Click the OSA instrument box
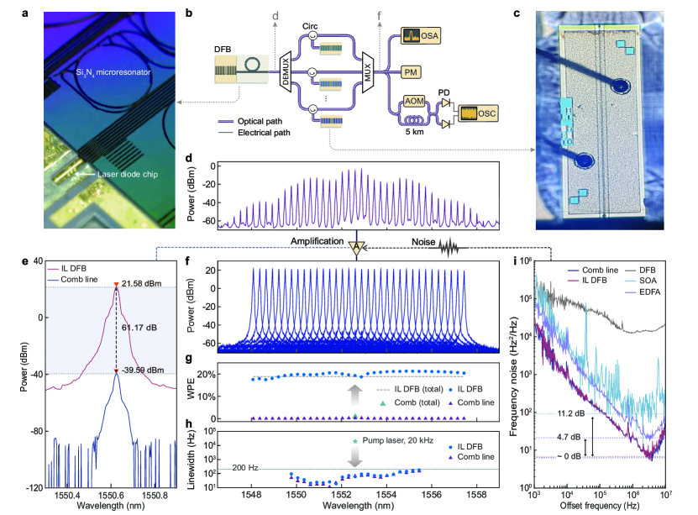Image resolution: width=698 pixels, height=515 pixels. pos(422,36)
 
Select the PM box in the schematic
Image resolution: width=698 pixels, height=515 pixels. pos(411,73)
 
